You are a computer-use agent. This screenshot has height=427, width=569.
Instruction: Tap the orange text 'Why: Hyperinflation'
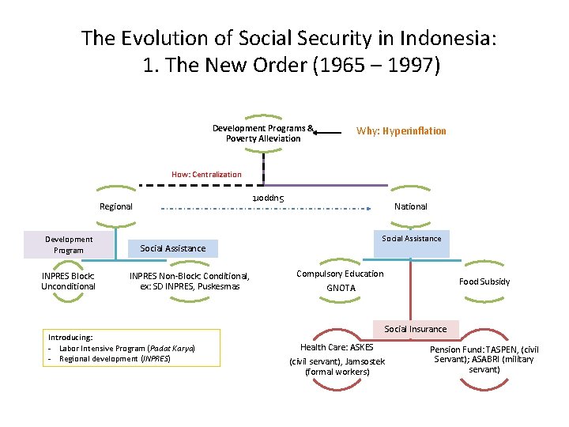coord(401,131)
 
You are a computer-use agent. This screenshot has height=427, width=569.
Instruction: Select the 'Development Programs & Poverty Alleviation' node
coord(263,133)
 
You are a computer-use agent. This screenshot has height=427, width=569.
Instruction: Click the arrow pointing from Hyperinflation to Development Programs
coord(330,133)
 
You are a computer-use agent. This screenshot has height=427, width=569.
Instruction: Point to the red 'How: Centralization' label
coord(206,175)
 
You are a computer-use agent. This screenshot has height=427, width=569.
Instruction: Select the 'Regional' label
coord(116,206)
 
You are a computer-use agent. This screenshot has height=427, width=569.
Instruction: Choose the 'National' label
coord(410,206)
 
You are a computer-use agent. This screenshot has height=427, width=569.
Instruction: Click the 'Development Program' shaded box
coord(69,244)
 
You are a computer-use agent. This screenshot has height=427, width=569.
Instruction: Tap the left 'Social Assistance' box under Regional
coord(172,248)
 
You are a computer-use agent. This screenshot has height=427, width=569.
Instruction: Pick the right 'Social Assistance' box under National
coord(412,239)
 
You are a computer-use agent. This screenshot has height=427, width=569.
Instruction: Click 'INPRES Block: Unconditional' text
coord(68,281)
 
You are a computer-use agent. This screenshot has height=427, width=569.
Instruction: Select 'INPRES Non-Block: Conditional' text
coord(189,281)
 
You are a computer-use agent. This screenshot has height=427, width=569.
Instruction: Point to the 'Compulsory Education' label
coord(340,274)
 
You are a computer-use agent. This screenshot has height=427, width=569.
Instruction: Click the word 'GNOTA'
coord(341,288)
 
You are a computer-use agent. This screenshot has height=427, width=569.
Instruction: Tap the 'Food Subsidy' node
coord(484,282)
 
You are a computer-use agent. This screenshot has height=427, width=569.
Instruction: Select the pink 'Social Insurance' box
coord(415,329)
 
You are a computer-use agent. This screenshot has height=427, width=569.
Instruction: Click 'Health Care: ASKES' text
coord(337,347)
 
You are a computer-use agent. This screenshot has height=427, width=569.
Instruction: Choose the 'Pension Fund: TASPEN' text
coord(484,349)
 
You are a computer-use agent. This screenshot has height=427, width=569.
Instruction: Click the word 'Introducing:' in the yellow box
coord(70,337)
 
